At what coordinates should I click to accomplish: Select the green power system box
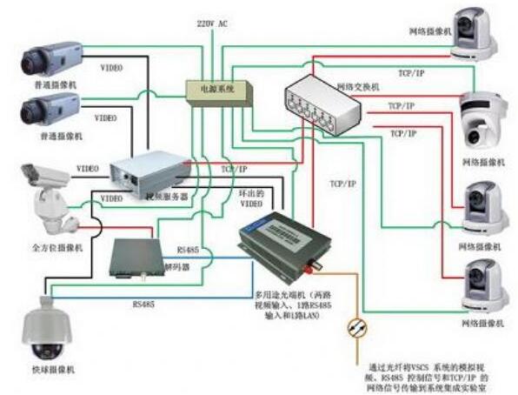[x=216, y=90]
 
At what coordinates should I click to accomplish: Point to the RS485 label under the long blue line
[x=144, y=305]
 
